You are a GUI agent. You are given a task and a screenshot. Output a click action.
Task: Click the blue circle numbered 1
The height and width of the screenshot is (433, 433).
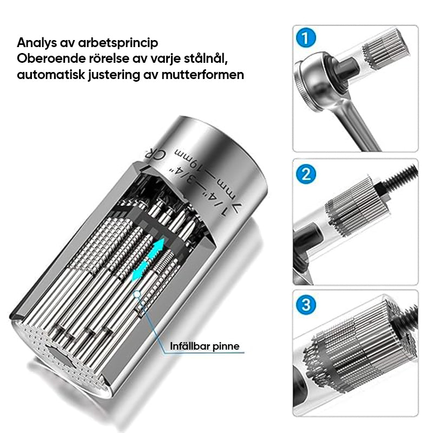(x=305, y=38)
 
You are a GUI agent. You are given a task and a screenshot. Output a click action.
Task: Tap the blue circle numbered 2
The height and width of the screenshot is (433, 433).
(x=305, y=174)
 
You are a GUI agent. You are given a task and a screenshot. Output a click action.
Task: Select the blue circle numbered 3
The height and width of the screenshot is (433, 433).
(x=305, y=305)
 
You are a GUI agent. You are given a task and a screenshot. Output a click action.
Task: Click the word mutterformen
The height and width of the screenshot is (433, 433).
(x=202, y=75)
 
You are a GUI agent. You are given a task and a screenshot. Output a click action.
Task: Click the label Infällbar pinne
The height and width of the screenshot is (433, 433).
(x=205, y=346)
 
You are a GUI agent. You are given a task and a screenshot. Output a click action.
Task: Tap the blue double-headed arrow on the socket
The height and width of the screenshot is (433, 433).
(x=148, y=260)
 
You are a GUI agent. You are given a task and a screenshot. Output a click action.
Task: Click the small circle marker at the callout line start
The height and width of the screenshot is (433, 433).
(x=136, y=294)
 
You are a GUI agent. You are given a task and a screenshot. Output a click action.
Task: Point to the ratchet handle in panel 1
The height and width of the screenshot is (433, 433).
(x=356, y=124)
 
